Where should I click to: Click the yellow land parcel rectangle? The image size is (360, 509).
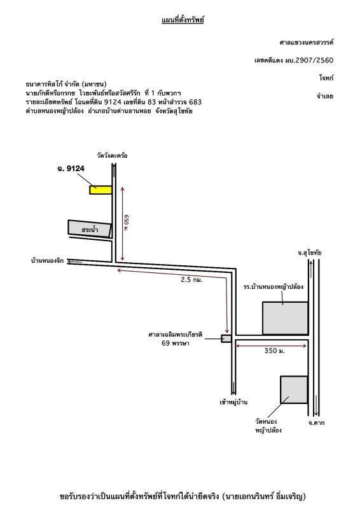pyautogui.click(x=100, y=190)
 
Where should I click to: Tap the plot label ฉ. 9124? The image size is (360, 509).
pyautogui.click(x=71, y=168)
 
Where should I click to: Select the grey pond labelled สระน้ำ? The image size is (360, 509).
pyautogui.click(x=90, y=229)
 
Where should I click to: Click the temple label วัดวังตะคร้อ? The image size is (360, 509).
pyautogui.click(x=112, y=155)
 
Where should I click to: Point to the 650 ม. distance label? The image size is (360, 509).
pyautogui.click(x=127, y=223)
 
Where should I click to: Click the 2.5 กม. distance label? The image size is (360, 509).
pyautogui.click(x=191, y=279)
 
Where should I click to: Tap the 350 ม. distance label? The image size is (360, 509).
pyautogui.click(x=274, y=351)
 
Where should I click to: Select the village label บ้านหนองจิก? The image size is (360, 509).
pyautogui.click(x=48, y=261)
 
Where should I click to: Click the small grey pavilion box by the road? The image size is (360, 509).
pyautogui.click(x=226, y=338)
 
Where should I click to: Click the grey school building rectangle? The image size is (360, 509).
pyautogui.click(x=285, y=318)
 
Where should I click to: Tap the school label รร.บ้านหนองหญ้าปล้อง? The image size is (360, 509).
pyautogui.click(x=273, y=287)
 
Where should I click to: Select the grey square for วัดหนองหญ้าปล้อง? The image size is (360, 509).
pyautogui.click(x=294, y=389)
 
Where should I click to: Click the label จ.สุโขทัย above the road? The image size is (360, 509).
pyautogui.click(x=309, y=253)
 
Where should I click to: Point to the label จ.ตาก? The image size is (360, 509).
pyautogui.click(x=316, y=422)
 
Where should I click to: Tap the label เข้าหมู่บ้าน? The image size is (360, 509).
pyautogui.click(x=233, y=402)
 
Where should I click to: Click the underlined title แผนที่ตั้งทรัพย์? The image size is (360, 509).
pyautogui.click(x=183, y=20)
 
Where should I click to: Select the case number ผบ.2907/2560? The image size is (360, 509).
pyautogui.click(x=309, y=60)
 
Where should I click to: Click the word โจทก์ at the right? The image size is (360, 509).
pyautogui.click(x=326, y=78)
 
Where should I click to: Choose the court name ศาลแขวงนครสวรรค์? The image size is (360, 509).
pyautogui.click(x=307, y=42)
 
